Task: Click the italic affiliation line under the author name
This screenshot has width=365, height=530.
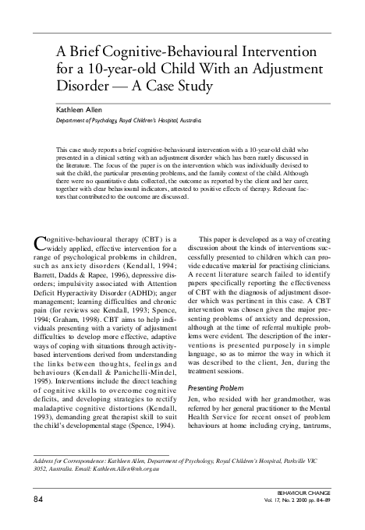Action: pos(128,122)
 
